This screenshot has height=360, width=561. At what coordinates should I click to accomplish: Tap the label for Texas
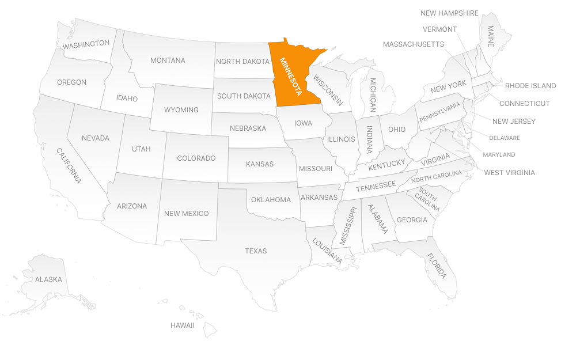tap(256, 251)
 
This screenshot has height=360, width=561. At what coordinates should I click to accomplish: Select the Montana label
tap(168, 60)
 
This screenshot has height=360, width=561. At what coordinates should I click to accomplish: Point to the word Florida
tap(436, 266)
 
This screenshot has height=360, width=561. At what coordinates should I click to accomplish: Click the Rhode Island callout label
tap(530, 86)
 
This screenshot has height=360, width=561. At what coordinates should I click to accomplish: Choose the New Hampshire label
tap(449, 13)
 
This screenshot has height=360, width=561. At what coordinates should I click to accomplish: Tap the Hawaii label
tap(182, 325)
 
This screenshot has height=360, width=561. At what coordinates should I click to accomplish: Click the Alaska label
tap(48, 279)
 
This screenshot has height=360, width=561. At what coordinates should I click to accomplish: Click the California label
tap(69, 166)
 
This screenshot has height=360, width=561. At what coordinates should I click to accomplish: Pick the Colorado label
tap(196, 158)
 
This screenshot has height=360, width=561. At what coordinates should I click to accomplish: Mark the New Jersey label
tap(514, 122)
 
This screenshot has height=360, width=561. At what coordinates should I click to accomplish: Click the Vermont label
tap(439, 29)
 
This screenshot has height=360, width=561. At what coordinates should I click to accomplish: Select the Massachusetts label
tap(413, 44)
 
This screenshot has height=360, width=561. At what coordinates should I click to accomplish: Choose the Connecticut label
tap(524, 104)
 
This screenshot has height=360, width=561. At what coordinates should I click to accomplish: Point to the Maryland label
tap(499, 154)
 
